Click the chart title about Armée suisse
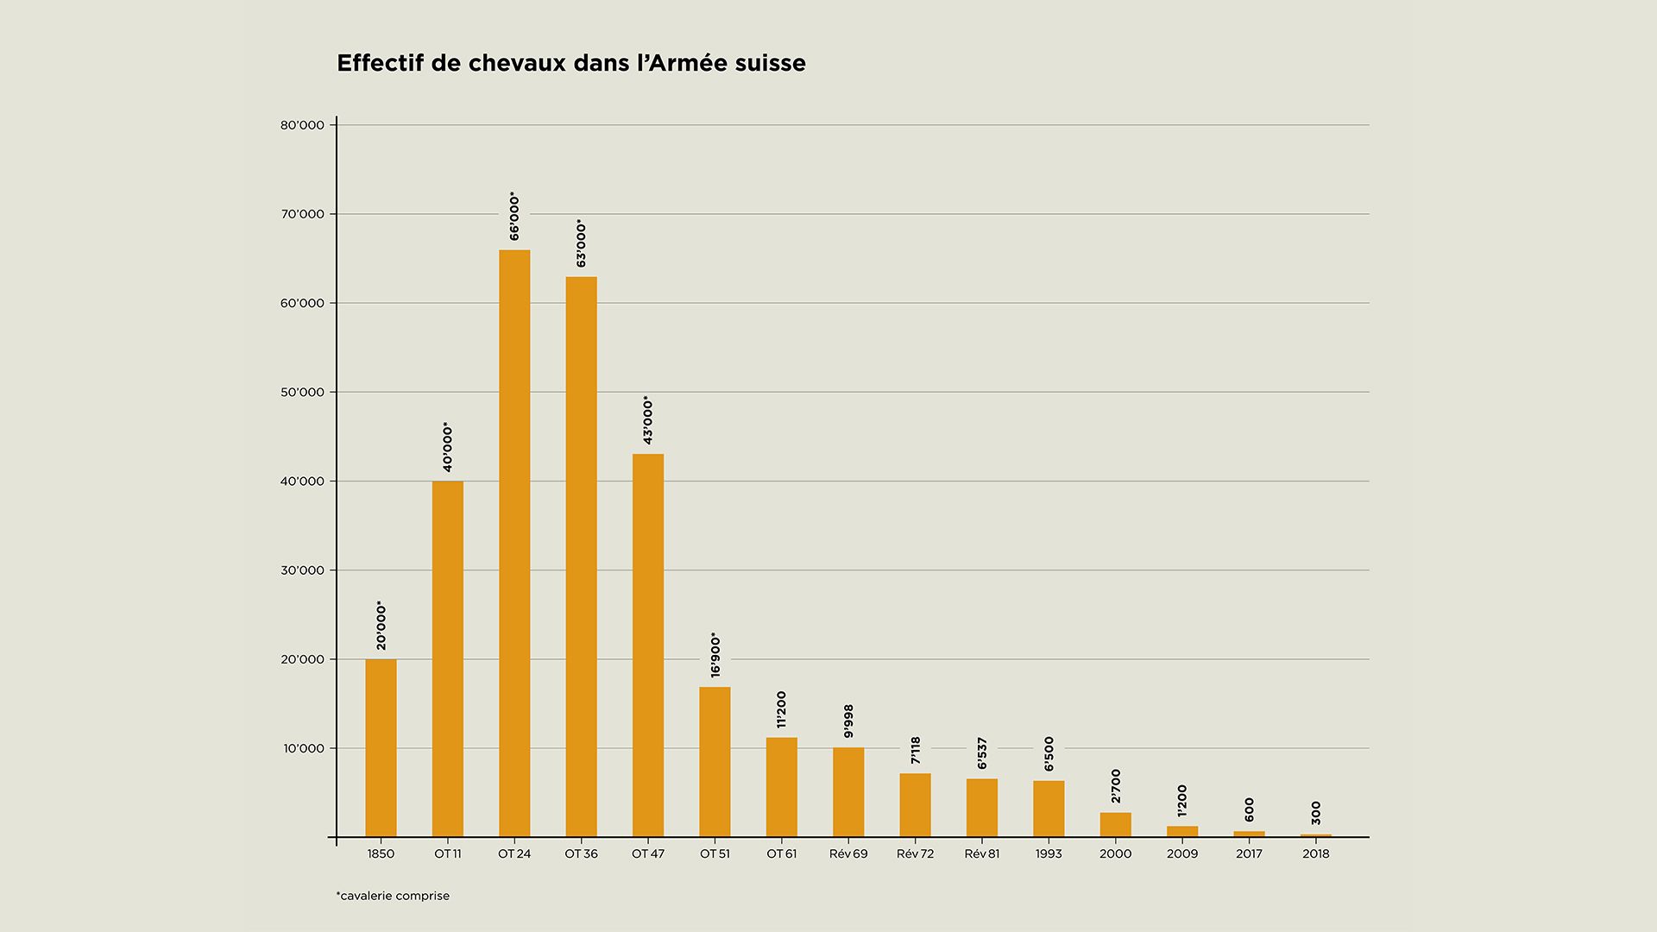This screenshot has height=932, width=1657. (x=570, y=64)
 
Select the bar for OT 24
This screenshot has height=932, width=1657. (x=514, y=544)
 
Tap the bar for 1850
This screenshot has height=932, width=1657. (x=381, y=748)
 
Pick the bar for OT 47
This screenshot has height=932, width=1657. (x=648, y=645)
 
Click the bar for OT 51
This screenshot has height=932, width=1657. (x=715, y=762)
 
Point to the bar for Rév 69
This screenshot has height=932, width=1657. (x=848, y=792)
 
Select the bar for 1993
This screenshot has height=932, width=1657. (x=1049, y=809)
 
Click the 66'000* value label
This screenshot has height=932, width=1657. (x=514, y=216)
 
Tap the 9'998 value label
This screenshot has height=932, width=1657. (x=848, y=721)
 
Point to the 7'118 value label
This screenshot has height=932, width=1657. (x=916, y=750)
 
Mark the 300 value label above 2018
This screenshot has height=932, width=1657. (x=1316, y=813)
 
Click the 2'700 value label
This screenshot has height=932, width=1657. (x=1116, y=786)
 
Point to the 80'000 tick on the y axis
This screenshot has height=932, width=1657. (x=302, y=125)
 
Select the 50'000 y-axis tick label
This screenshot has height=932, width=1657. (x=302, y=393)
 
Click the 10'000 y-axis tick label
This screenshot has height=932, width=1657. (x=304, y=748)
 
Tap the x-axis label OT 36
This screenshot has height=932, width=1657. (x=581, y=854)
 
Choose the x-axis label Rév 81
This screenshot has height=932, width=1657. (x=982, y=854)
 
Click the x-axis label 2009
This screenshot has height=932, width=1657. (x=1182, y=854)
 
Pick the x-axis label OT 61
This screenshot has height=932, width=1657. (x=782, y=854)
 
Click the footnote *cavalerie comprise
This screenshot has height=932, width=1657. (x=393, y=896)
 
